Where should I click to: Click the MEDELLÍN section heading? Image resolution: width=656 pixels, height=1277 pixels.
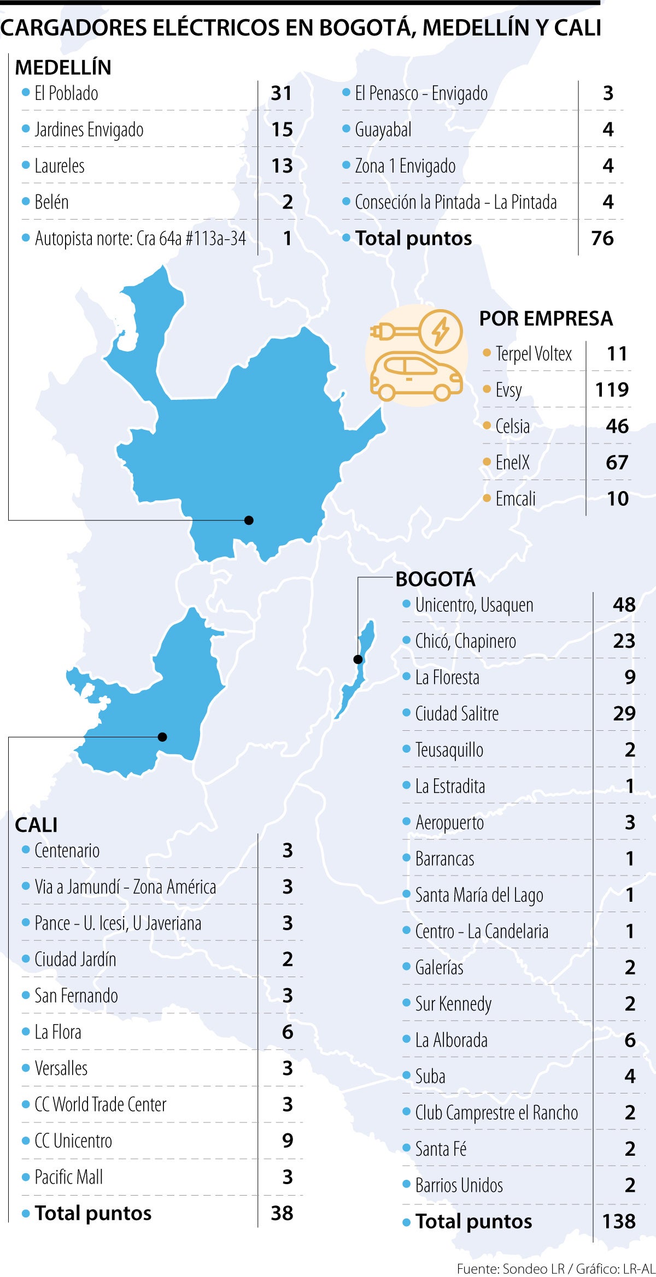(63, 67)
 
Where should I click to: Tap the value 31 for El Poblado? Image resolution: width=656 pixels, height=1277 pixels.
(282, 93)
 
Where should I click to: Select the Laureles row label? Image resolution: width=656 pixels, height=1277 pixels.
(60, 166)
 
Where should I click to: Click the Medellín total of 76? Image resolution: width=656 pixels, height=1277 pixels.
(602, 238)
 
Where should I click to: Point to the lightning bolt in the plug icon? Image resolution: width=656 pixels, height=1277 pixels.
(441, 330)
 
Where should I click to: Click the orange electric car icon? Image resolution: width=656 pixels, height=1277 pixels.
(415, 376)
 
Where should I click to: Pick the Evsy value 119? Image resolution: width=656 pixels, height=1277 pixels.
(612, 389)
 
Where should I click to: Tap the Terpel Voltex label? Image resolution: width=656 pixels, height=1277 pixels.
(533, 353)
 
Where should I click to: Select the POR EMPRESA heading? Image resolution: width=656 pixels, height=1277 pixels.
(546, 318)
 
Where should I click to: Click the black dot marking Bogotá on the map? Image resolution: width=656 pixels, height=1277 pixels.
(358, 659)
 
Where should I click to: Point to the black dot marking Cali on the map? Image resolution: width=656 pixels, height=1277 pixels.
(162, 737)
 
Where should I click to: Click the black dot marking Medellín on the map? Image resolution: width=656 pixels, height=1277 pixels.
(249, 520)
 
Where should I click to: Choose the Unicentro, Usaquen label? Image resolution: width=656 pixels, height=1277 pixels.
(474, 605)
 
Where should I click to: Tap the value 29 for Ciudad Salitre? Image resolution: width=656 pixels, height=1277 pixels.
(624, 713)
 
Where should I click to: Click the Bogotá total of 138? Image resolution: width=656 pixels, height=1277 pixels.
(618, 1221)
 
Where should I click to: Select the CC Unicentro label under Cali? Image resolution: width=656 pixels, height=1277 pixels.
(73, 1140)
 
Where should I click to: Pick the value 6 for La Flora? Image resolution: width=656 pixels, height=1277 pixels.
(288, 1032)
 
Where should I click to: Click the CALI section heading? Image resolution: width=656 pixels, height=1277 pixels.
(36, 825)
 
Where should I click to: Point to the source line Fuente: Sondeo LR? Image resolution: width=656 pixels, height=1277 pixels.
(511, 1268)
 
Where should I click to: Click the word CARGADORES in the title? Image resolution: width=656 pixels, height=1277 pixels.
(73, 27)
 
